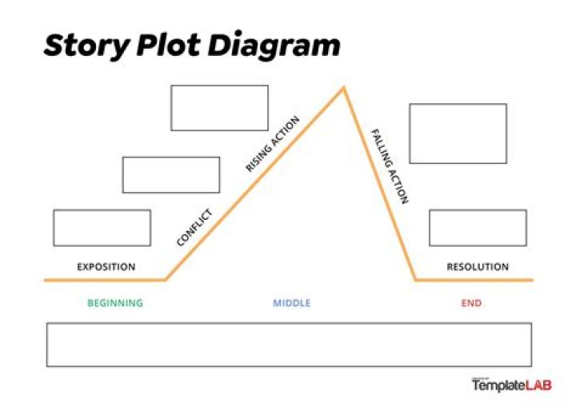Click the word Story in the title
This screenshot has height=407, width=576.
pos(86,46)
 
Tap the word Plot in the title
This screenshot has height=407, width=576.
pos(169,45)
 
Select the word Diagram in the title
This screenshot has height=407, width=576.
pos(274,46)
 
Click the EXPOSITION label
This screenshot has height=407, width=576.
pos(106,267)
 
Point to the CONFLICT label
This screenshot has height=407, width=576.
pos(194,227)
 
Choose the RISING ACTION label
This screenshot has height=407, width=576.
pos(273,144)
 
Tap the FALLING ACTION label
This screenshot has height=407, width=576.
pos(390,166)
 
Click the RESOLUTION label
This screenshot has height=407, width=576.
pos(478,267)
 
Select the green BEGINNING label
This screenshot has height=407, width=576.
pos(115,303)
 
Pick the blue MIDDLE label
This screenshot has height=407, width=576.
pos(292,303)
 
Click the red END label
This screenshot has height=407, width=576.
pos(471,303)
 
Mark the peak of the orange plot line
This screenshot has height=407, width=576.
pos(344,87)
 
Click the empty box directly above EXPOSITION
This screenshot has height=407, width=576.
pos(102,228)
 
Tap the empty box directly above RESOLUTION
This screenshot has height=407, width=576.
pos(478,228)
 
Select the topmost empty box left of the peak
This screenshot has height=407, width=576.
pos(220,108)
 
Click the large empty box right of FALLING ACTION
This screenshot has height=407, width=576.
pos(458,134)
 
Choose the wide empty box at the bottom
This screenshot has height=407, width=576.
pos(289,345)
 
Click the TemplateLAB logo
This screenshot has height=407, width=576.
pos(512,385)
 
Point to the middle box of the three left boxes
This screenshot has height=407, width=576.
pos(171,175)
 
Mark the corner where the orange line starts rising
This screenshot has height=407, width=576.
pos(166,280)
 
